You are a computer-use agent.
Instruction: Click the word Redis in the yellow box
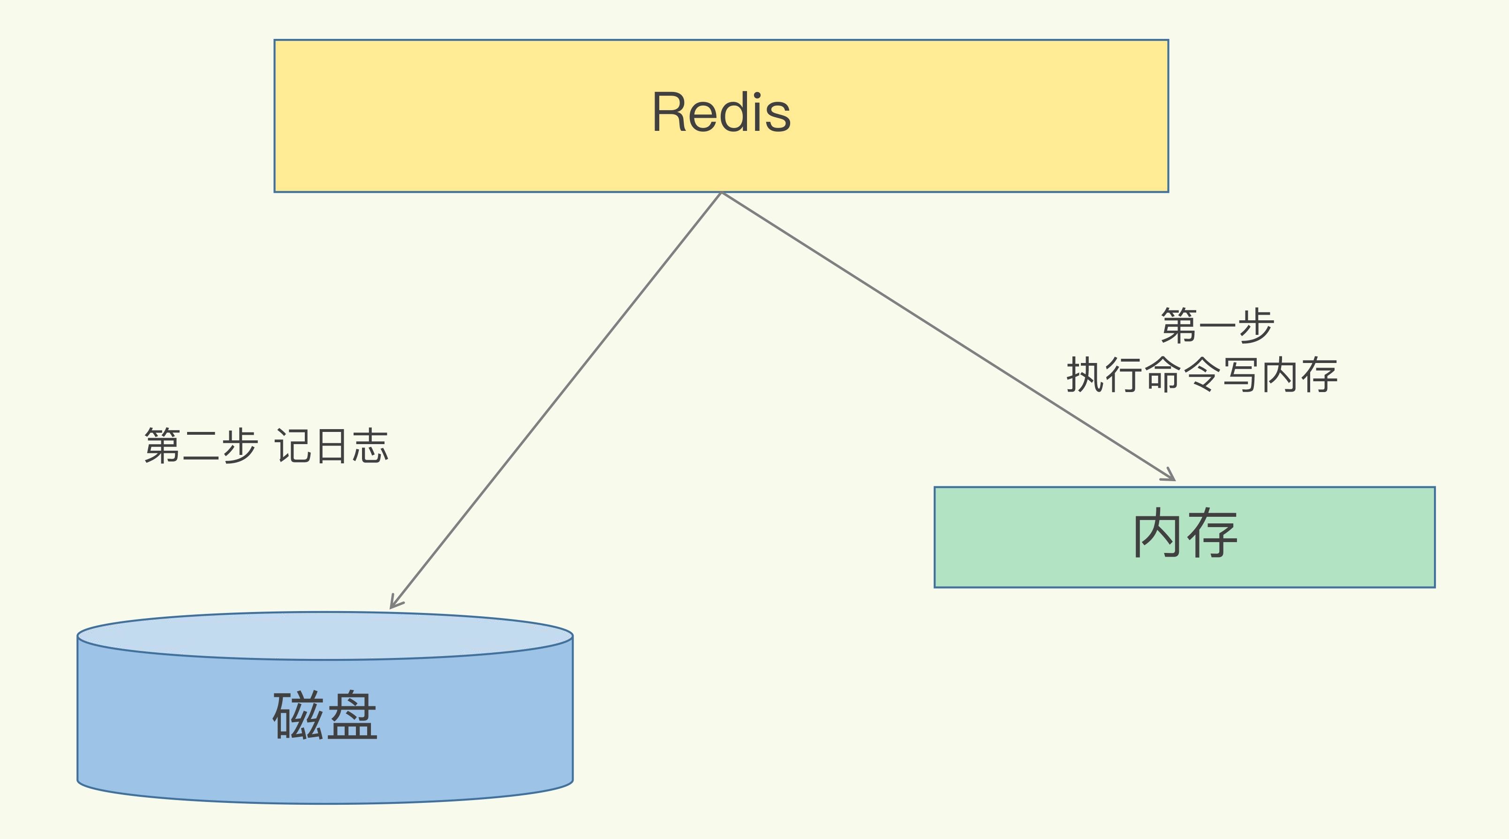pos(721,113)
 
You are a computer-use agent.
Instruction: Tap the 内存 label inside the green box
pos(1185,533)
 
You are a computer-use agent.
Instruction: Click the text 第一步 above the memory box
pos(1217,326)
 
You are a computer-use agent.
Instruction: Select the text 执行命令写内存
pos(1202,375)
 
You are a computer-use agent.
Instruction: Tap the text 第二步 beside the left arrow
pos(201,446)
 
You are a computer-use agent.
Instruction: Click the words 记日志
pos(332,446)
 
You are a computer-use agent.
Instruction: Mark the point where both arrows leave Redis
pos(721,193)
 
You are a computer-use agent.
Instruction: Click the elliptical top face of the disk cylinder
pos(325,635)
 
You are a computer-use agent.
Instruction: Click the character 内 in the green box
pos(1157,533)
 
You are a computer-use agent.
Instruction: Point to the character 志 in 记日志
pos(371,446)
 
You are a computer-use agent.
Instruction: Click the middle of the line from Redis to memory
pos(948,336)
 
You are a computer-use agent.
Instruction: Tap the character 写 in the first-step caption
pos(1240,375)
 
